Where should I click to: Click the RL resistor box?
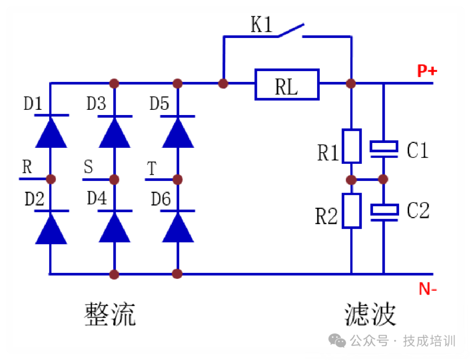click(287, 84)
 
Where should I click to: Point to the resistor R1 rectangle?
click(352, 146)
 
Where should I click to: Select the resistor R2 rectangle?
click(352, 211)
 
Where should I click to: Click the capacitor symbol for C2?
click(384, 211)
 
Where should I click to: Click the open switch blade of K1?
click(290, 31)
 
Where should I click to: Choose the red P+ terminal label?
click(427, 71)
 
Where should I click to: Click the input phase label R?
click(27, 167)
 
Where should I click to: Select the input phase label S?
click(89, 167)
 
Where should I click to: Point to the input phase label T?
click(152, 168)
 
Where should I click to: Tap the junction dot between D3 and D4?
click(114, 179)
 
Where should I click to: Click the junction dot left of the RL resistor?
click(223, 83)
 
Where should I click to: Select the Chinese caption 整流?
click(109, 314)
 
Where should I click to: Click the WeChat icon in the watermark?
click(338, 340)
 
